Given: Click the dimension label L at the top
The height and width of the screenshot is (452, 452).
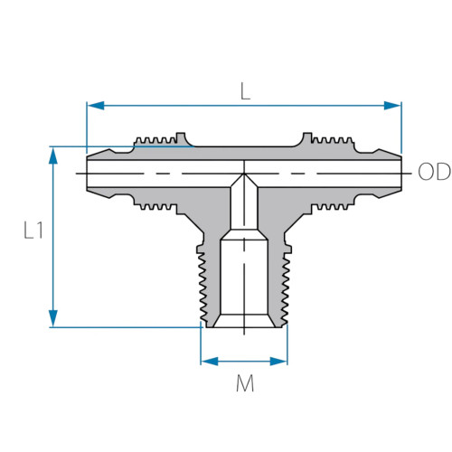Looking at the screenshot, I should coord(244,90).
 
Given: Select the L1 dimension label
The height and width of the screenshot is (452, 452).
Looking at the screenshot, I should coord(33,231).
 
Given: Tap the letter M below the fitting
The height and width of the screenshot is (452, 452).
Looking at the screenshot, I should coord(244,384).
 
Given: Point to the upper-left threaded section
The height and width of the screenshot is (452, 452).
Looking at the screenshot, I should coord(157,140).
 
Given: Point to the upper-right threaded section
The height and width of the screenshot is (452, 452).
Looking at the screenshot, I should coord(330,140).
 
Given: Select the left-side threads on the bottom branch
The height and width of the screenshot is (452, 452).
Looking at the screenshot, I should coord(204,280).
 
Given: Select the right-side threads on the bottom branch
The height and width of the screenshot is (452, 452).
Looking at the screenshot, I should coord(284,280).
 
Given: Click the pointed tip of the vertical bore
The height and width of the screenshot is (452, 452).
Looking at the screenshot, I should coord(244,174).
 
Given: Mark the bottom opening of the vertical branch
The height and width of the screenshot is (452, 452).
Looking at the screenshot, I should coord(244,324).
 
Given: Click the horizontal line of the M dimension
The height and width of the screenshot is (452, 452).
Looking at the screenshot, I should coord(244,361).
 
